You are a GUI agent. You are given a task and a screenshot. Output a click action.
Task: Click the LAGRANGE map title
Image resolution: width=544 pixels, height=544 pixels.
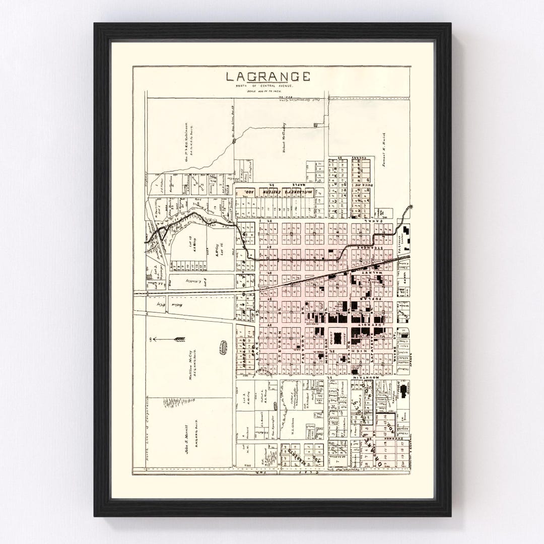point(267,77)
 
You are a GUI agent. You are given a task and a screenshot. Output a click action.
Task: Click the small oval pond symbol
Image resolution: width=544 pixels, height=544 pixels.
point(223,347)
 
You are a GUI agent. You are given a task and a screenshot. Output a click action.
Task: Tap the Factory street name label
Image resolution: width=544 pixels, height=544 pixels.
point(303,350)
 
